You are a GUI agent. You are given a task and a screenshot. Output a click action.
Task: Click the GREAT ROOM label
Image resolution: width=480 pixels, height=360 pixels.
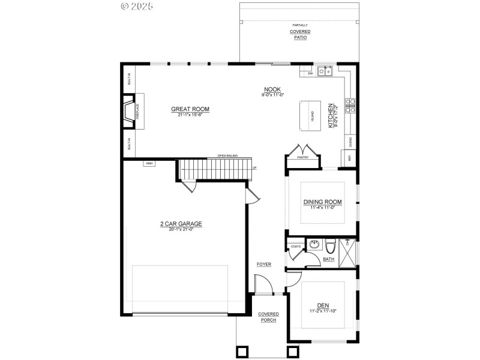click(x=190, y=109)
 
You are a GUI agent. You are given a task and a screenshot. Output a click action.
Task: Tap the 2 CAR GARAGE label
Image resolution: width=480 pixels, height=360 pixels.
click(x=181, y=224)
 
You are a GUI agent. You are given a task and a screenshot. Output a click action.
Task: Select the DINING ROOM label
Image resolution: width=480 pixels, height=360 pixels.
click(x=322, y=202)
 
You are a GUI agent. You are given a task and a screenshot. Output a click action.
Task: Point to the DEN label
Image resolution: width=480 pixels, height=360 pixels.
click(x=323, y=305)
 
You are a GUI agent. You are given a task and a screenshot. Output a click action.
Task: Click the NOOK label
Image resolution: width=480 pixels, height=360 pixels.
click(x=272, y=89)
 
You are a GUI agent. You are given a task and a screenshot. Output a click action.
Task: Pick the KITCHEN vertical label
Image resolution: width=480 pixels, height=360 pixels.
click(x=331, y=115)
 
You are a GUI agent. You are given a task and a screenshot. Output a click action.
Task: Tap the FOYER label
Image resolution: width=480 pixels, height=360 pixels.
click(x=264, y=264)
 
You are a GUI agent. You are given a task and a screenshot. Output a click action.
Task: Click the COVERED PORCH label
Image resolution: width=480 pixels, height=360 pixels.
click(x=268, y=317)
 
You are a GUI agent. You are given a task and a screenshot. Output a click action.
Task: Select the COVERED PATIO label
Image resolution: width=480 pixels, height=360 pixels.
click(x=299, y=34)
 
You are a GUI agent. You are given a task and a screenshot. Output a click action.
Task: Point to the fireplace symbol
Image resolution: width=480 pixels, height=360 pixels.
click(x=129, y=112)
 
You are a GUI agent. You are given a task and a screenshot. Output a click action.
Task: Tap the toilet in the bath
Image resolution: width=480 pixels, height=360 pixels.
click(x=330, y=245)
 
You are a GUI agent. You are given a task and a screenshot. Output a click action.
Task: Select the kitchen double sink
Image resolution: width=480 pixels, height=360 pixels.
click(x=325, y=71)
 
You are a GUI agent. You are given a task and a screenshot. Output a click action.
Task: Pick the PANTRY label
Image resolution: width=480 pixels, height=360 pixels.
click(x=302, y=157)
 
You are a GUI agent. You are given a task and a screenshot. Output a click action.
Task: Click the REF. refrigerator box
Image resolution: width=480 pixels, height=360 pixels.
click(x=349, y=157)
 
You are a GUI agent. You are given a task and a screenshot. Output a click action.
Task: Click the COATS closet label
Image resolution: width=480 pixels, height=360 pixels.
click(x=295, y=247)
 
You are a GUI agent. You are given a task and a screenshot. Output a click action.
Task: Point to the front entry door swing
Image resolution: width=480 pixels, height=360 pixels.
click(x=262, y=284)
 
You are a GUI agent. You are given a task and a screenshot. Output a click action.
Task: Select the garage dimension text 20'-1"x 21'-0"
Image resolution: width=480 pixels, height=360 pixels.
click(x=181, y=229)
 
